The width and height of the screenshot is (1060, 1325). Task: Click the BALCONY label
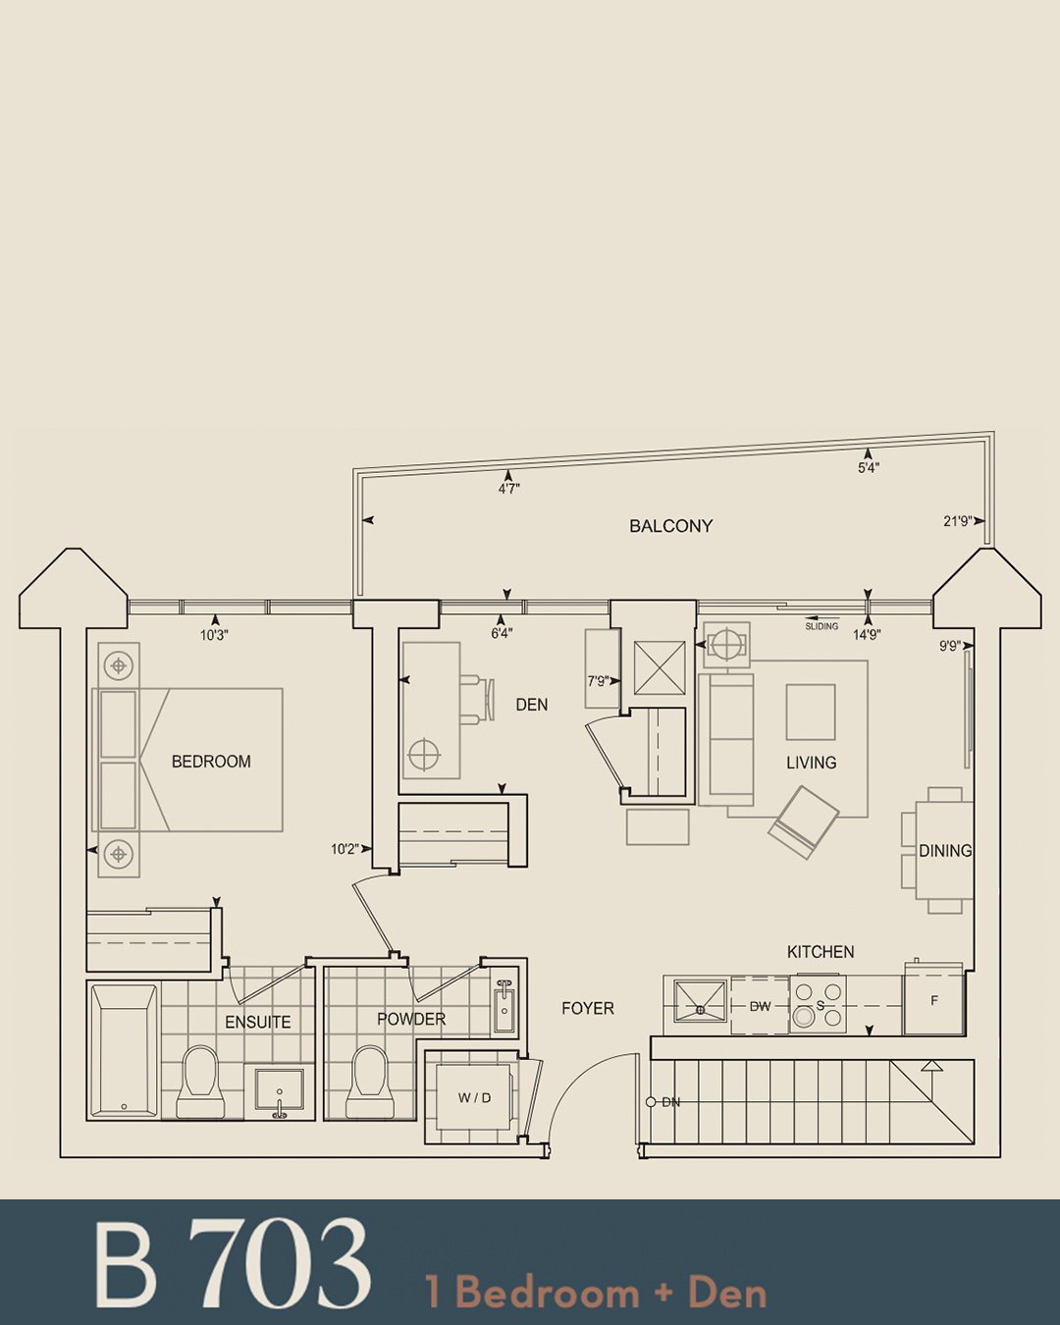click(x=670, y=526)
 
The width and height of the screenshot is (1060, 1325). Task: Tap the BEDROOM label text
click(x=211, y=762)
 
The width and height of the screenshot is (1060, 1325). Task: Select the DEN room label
click(x=532, y=705)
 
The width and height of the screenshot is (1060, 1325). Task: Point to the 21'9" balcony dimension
click(x=958, y=521)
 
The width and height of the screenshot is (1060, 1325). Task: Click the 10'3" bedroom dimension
click(x=214, y=635)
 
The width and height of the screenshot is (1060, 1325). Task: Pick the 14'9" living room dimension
click(x=867, y=634)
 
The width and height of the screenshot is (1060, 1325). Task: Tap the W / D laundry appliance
click(x=474, y=1097)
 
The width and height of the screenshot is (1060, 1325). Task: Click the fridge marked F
click(x=933, y=1000)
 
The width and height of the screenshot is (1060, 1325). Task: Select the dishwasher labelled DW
click(x=760, y=1006)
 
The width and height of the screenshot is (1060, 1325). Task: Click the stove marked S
click(x=818, y=1005)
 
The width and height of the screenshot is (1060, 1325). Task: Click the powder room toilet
click(x=368, y=1082)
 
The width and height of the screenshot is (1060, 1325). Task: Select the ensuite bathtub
click(x=123, y=1051)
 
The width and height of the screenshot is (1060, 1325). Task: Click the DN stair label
click(x=670, y=1102)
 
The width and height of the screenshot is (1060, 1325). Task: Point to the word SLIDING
click(x=821, y=626)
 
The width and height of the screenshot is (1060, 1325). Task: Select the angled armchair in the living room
click(x=803, y=821)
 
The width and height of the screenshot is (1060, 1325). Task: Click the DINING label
click(x=945, y=851)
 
